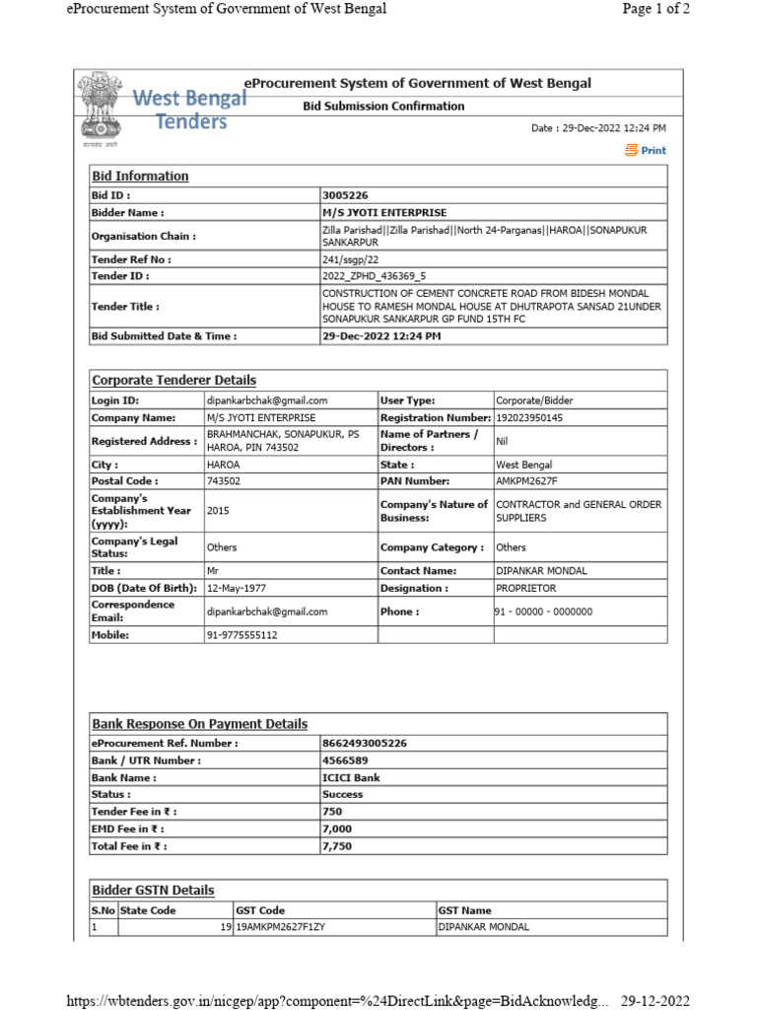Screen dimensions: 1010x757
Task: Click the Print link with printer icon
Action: pos(646,151)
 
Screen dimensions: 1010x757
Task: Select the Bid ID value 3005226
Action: pos(345,195)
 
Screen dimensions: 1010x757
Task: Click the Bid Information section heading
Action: pos(139,176)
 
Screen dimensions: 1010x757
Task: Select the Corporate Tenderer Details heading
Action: pos(173,380)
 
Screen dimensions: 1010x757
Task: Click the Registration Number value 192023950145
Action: pos(529,417)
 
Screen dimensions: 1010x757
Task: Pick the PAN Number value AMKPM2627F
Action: pos(526,480)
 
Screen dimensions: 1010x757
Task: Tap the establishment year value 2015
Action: pos(218,511)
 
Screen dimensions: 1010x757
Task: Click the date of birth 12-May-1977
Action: pos(240,588)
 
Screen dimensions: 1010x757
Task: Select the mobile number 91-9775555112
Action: pos(241,635)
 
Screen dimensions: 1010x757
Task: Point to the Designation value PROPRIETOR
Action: pos(525,588)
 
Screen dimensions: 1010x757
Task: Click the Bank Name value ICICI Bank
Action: pos(351,777)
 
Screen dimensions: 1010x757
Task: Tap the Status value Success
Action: pos(342,794)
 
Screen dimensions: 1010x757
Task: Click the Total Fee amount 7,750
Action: pos(337,846)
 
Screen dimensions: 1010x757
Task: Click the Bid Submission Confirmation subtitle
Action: pos(383,106)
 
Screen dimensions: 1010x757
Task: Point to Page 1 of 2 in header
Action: pos(654,9)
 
